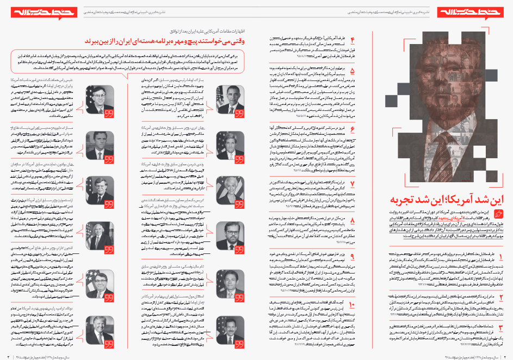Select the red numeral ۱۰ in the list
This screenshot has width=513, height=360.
coord(351,306)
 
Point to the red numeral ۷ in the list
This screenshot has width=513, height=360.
coord(352,183)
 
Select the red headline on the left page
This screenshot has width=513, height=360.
coord(169,41)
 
